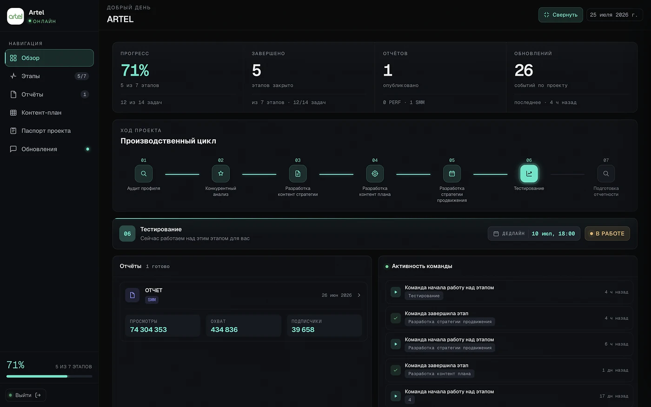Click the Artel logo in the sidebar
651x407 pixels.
pyautogui.click(x=15, y=16)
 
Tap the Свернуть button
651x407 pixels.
pyautogui.click(x=561, y=15)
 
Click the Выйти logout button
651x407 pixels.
pyautogui.click(x=26, y=395)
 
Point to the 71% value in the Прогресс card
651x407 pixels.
pyautogui.click(x=135, y=70)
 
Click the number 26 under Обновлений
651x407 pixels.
pyautogui.click(x=524, y=70)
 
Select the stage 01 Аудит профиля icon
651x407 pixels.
pyautogui.click(x=144, y=174)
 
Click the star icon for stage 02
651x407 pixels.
pyautogui.click(x=220, y=174)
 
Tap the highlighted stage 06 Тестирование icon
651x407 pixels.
pyautogui.click(x=529, y=174)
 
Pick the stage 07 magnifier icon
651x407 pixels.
pyautogui.click(x=606, y=174)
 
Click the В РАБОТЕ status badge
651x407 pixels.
pyautogui.click(x=607, y=234)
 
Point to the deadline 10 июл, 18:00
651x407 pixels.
pyautogui.click(x=553, y=234)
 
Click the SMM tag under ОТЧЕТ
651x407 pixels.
pyautogui.click(x=152, y=300)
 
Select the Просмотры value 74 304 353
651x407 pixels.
pyautogui.click(x=148, y=330)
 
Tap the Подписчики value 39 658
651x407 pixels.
pyautogui.click(x=303, y=330)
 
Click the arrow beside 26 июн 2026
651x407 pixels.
pyautogui.click(x=359, y=295)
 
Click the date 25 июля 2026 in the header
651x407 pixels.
pyautogui.click(x=614, y=15)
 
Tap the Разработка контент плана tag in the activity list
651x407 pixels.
pyautogui.click(x=439, y=374)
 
